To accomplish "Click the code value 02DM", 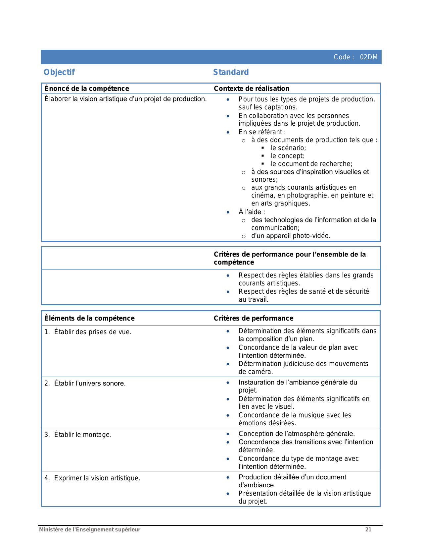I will pyautogui.click(x=369, y=57).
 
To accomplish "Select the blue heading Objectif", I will pyautogui.click(x=59, y=72).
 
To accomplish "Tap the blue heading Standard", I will pyautogui.click(x=231, y=72).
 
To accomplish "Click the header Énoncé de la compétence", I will pyautogui.click(x=87, y=89).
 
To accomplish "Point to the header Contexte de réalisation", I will pyautogui.click(x=252, y=89).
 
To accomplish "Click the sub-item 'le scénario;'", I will pyautogui.click(x=288, y=148).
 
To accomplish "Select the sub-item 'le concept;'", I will pyautogui.click(x=287, y=156).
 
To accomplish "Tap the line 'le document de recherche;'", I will pyautogui.click(x=311, y=164).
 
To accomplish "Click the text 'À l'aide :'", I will pyautogui.click(x=252, y=212).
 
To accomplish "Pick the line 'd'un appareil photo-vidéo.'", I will pyautogui.click(x=291, y=236).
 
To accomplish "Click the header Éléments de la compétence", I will pyautogui.click(x=89, y=318).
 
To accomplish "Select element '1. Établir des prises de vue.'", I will pyautogui.click(x=88, y=332).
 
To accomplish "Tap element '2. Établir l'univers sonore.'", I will pyautogui.click(x=85, y=383).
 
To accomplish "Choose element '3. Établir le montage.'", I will pyautogui.click(x=78, y=435).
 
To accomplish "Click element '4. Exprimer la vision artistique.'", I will pyautogui.click(x=92, y=478).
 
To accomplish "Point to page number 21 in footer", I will pyautogui.click(x=368, y=529).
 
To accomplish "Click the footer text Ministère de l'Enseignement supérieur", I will pyautogui.click(x=90, y=529).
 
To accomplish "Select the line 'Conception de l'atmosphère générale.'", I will pyautogui.click(x=297, y=434).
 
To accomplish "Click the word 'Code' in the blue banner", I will pyautogui.click(x=342, y=57).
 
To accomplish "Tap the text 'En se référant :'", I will pyautogui.click(x=262, y=132).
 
